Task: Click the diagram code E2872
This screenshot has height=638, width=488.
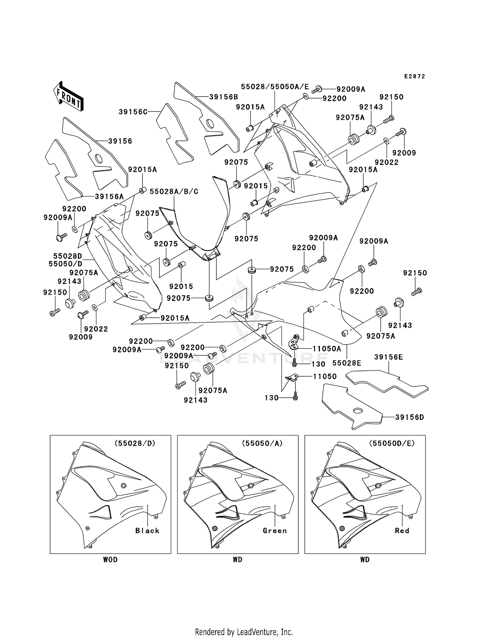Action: (415, 76)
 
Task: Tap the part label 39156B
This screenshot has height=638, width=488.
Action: (224, 97)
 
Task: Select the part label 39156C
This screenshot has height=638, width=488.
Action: (133, 112)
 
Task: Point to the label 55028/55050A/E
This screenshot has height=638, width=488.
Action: (275, 86)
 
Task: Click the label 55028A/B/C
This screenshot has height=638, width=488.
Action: (174, 192)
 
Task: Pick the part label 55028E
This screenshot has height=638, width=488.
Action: (347, 363)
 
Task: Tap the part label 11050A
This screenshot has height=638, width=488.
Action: (327, 349)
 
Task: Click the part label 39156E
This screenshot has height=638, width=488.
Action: (389, 357)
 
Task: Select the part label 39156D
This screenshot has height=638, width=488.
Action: (410, 417)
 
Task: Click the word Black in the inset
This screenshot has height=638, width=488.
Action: (147, 531)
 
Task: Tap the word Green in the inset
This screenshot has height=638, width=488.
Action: (275, 531)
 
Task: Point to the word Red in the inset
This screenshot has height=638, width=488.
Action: (402, 531)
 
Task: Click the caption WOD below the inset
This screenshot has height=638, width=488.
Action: (111, 560)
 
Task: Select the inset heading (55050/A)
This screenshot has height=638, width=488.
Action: (263, 443)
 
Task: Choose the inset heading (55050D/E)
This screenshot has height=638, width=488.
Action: (392, 443)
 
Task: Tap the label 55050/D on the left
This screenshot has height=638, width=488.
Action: (65, 264)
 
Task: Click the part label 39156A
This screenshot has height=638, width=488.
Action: (110, 196)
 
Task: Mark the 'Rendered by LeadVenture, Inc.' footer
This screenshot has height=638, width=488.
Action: (244, 623)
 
